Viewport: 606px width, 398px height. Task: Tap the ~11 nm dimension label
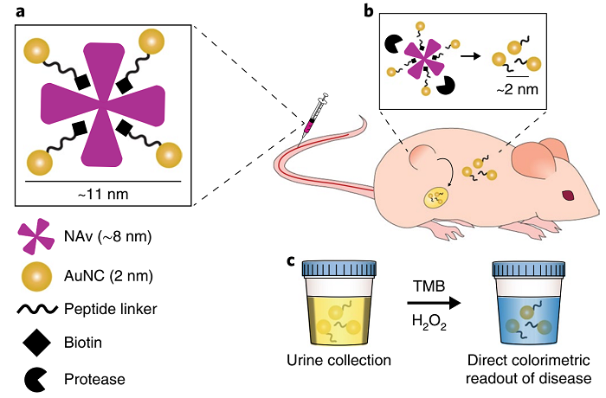point(102,193)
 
